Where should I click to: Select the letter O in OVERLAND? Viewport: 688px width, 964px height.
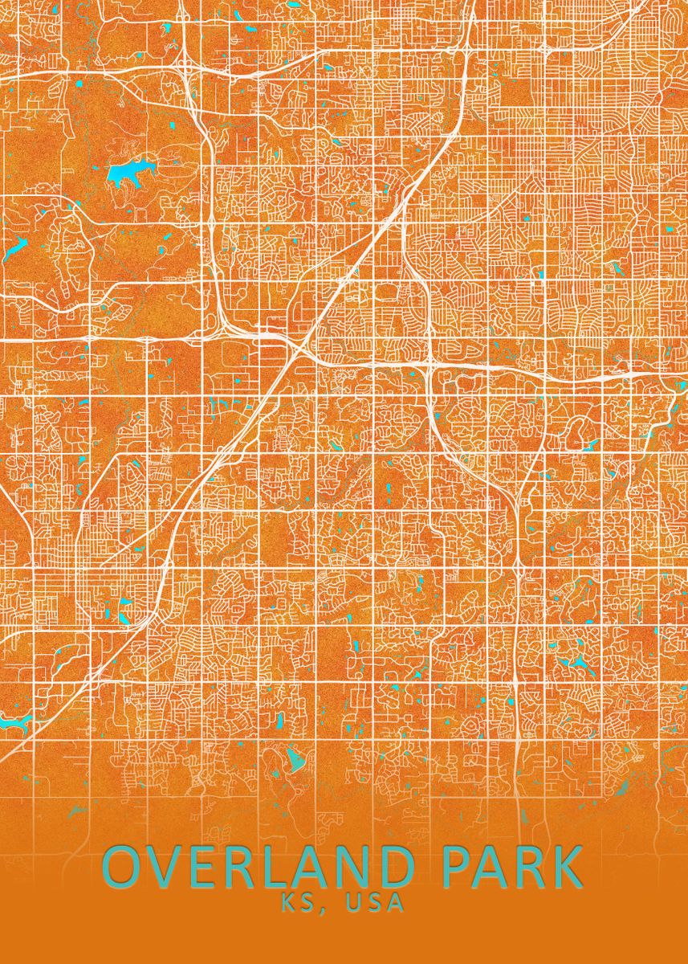(x=124, y=868)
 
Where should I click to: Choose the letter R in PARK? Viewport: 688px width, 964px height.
(x=530, y=868)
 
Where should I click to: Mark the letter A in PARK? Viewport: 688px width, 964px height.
(x=491, y=868)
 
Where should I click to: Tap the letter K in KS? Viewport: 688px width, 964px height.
(x=288, y=903)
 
